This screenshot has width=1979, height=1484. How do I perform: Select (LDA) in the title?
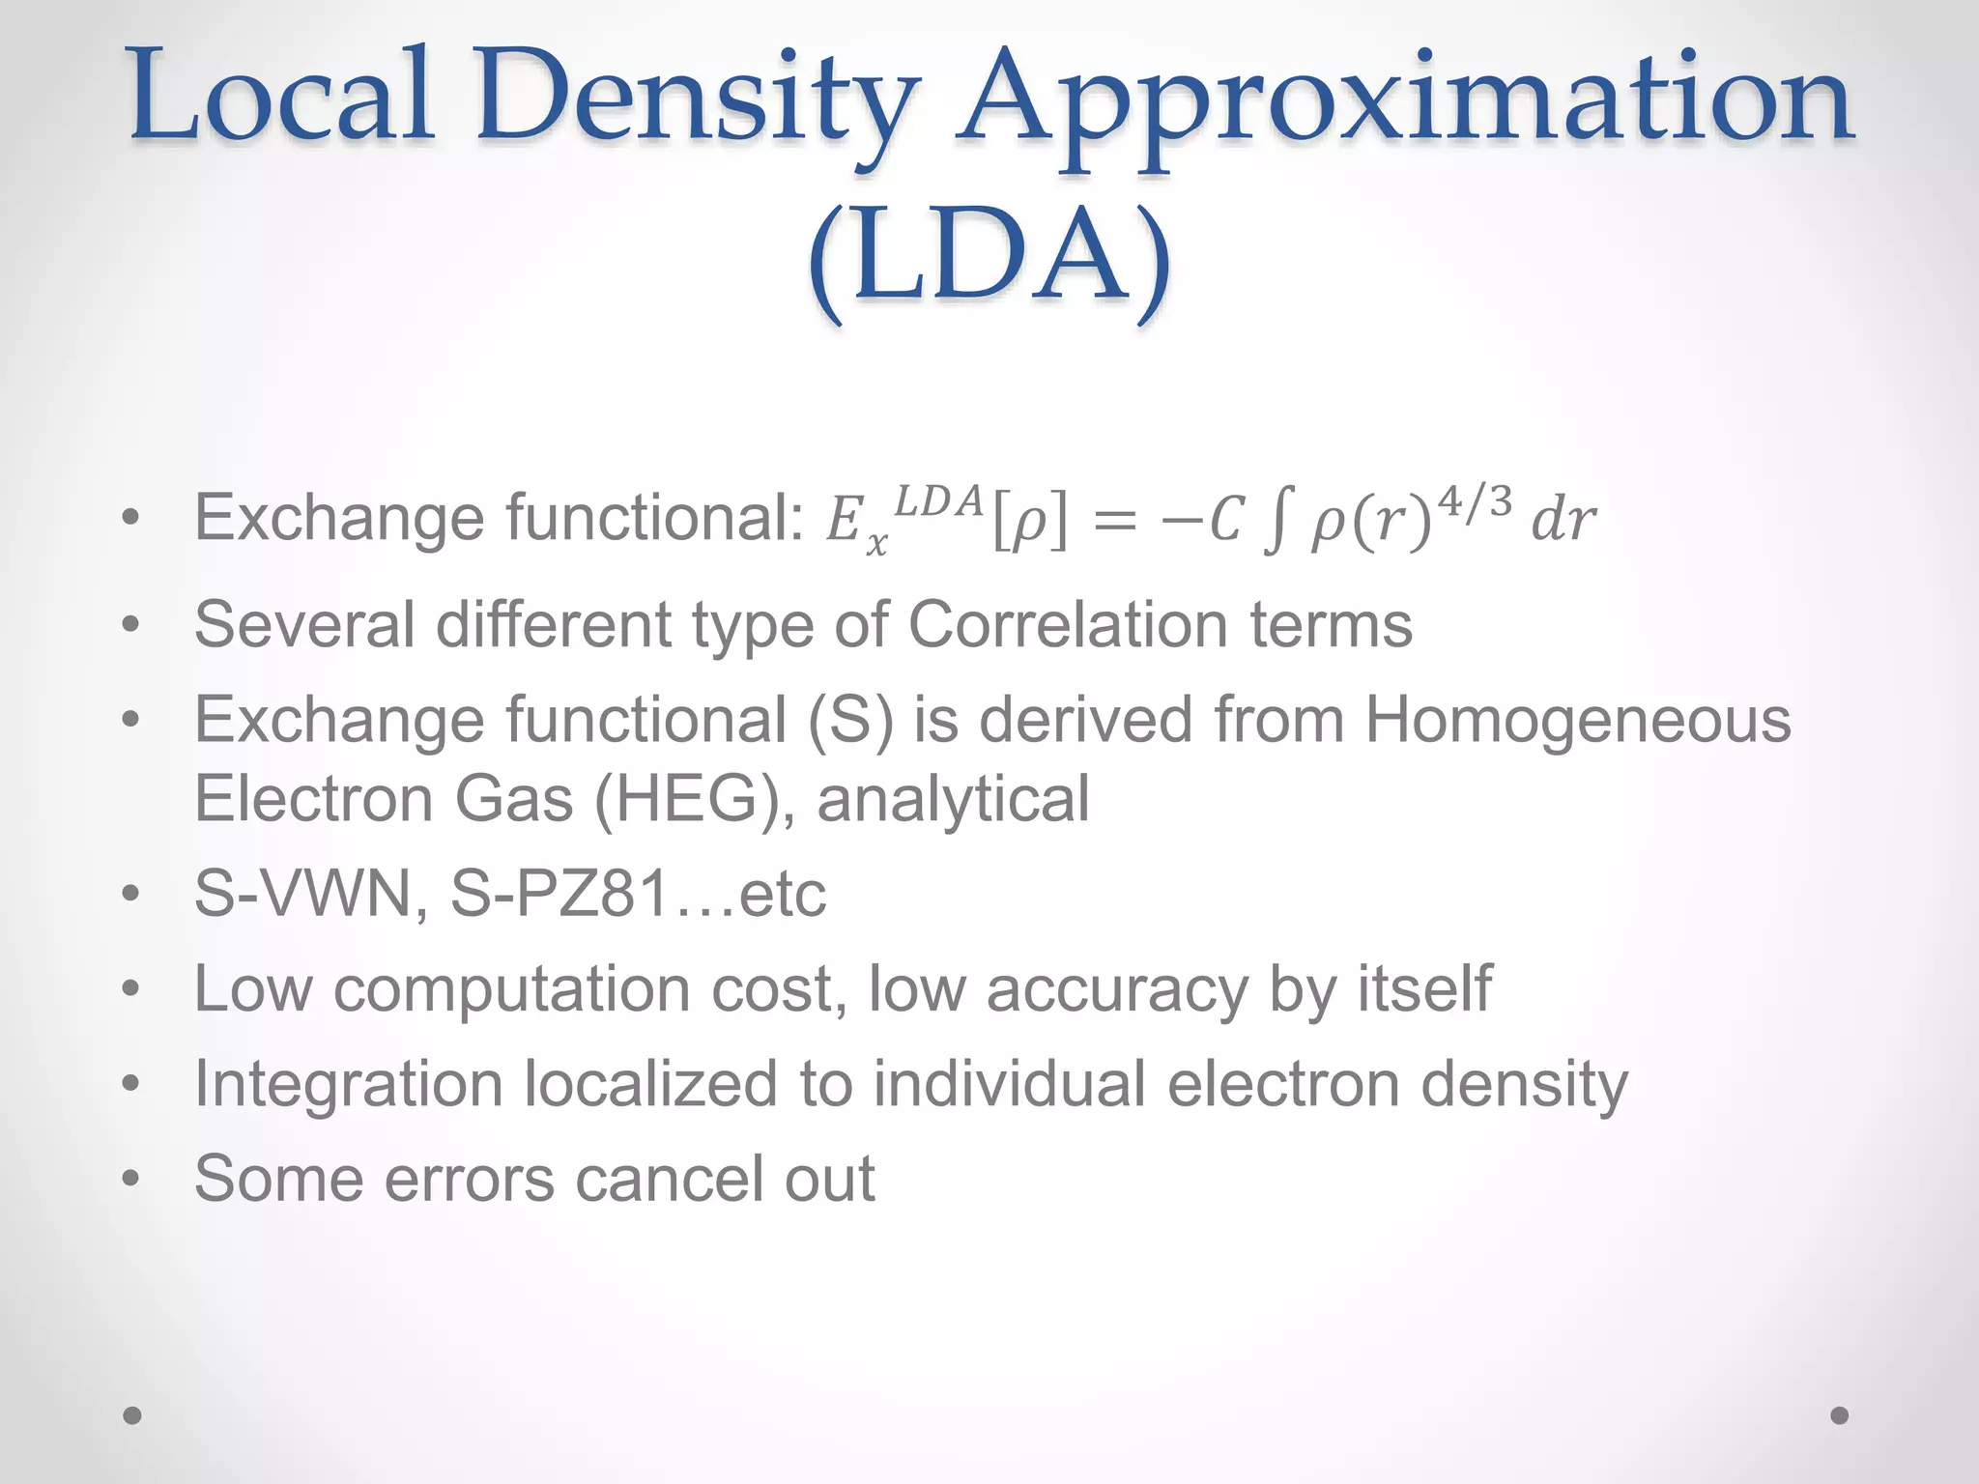989,259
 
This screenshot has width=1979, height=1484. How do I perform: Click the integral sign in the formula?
1276,522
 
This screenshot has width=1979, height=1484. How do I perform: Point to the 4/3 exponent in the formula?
1475,501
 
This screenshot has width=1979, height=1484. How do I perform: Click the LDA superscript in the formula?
938,499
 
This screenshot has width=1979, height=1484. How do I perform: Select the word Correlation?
1068,624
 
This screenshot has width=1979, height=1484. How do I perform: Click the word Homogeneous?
1577,721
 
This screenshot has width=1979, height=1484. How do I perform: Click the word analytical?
953,799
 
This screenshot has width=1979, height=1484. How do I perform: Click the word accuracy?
1117,989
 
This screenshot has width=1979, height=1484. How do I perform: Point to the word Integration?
349,1084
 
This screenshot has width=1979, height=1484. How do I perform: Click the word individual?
1009,1084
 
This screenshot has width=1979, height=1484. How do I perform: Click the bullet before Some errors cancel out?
131,1180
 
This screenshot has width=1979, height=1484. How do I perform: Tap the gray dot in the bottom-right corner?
1840,1415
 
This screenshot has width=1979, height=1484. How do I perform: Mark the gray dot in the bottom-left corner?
132,1415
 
